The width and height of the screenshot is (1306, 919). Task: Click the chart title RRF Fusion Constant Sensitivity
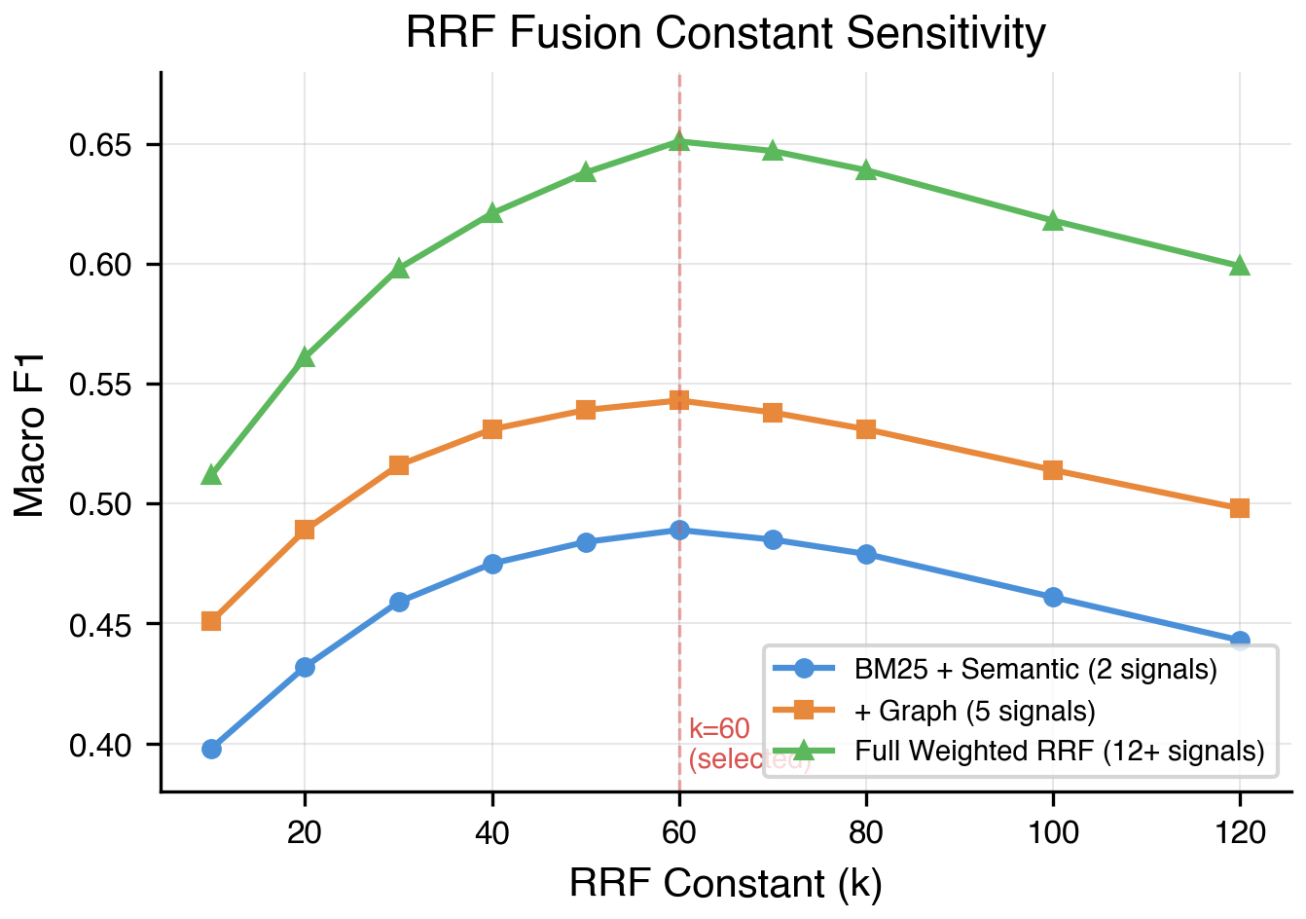coord(725,33)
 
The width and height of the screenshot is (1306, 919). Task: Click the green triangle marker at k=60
coord(679,141)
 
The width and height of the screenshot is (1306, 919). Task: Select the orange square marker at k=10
coord(211,621)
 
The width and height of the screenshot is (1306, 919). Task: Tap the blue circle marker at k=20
coord(305,667)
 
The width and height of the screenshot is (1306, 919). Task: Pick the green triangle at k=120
coord(1239,266)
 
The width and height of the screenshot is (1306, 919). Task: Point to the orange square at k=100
coord(1053,470)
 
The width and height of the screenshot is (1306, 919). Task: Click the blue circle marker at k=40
coord(492,564)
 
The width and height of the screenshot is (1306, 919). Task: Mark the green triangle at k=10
coord(211,475)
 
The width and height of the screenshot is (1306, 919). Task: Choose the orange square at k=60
coord(679,400)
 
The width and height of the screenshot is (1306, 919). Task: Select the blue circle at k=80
coord(866,554)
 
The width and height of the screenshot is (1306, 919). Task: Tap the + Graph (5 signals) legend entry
coord(974,711)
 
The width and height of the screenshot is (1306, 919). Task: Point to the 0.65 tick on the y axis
coord(100,146)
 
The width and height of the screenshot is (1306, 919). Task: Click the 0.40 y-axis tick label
coord(100,746)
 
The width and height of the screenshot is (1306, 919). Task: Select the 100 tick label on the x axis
coord(1053,833)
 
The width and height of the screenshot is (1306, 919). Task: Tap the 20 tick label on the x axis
coord(305,833)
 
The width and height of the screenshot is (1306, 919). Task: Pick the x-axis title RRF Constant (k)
coord(725,884)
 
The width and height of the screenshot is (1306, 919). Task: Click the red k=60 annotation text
coord(719,729)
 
